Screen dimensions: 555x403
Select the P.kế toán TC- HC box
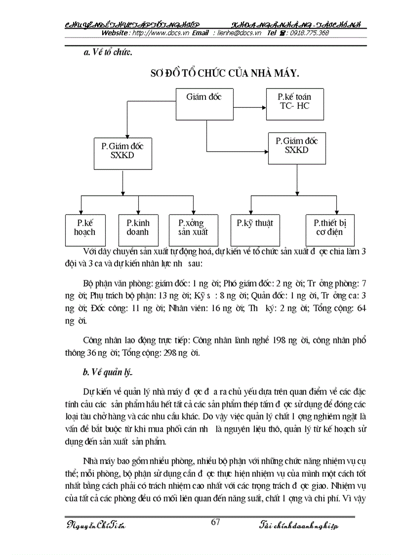(x=294, y=104)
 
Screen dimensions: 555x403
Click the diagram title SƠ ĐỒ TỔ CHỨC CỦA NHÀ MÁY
(x=225, y=74)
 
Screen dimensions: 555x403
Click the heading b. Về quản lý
(x=106, y=373)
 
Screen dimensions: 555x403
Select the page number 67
(x=215, y=522)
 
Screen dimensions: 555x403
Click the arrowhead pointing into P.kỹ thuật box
(x=251, y=212)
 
